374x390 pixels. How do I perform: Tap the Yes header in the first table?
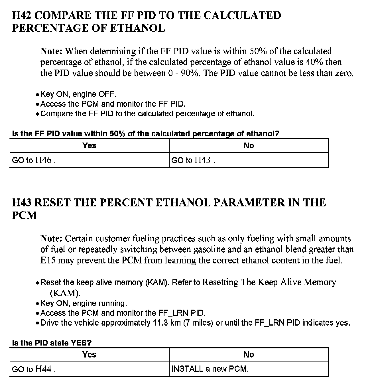pyautogui.click(x=89, y=146)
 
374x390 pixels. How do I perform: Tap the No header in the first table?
pyautogui.click(x=249, y=146)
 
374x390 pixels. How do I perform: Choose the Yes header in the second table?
pyautogui.click(x=89, y=355)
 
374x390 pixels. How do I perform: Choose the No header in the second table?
pyautogui.click(x=249, y=355)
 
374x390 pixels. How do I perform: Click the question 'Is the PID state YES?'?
pyautogui.click(x=52, y=343)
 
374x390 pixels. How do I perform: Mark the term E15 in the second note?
pyautogui.click(x=48, y=260)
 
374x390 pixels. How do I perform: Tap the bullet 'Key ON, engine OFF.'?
pyautogui.click(x=78, y=94)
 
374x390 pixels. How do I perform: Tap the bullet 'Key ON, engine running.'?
pyautogui.click(x=84, y=303)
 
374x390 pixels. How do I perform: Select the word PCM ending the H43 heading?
pyautogui.click(x=25, y=215)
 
